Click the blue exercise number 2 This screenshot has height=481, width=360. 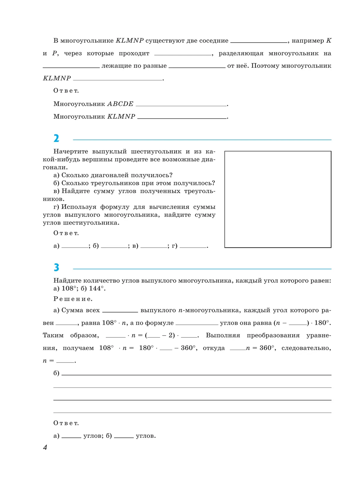pos(56,138)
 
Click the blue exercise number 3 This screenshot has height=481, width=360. pos(56,267)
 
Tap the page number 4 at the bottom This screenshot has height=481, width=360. pos(45,447)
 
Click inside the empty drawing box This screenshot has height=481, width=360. pos(278,199)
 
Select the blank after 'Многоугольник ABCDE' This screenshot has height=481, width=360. pos(181,104)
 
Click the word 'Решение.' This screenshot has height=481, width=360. pos(73,299)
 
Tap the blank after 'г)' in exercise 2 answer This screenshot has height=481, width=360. pos(193,246)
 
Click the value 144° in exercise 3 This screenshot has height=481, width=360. pos(97,288)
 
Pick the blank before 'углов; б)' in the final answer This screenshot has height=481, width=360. pos(71,436)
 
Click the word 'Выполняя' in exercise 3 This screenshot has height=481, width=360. pos(223,335)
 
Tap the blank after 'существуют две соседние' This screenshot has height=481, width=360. pos(259,41)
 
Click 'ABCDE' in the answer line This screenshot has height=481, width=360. pos(120,104)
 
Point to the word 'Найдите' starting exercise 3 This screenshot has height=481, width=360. pos(67,281)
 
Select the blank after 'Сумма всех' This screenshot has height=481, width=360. pos(120,310)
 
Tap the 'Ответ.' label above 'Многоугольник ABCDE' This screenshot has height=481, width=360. pos(66,91)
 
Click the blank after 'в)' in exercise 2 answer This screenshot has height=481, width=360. pos(154,246)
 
